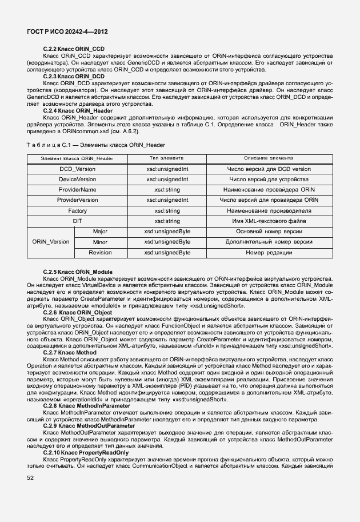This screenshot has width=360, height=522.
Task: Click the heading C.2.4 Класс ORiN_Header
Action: point(78,110)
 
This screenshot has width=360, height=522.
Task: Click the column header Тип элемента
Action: point(167,158)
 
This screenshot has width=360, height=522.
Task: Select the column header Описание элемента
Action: point(269,158)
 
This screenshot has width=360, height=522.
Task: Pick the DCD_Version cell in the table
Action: point(77,169)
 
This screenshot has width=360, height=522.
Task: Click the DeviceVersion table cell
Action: point(77,180)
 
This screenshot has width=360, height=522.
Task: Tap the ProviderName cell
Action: point(77,190)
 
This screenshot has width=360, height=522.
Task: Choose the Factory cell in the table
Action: point(77,210)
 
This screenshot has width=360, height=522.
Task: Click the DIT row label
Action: point(77,221)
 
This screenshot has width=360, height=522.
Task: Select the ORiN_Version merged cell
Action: point(52,242)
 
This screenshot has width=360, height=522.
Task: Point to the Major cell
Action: point(100,232)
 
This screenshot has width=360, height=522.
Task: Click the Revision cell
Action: point(100,252)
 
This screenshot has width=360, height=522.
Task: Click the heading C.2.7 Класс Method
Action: point(70,353)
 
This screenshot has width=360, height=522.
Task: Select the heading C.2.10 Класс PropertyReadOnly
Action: point(86,453)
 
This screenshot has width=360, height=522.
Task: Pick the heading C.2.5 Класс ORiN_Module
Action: point(78,272)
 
